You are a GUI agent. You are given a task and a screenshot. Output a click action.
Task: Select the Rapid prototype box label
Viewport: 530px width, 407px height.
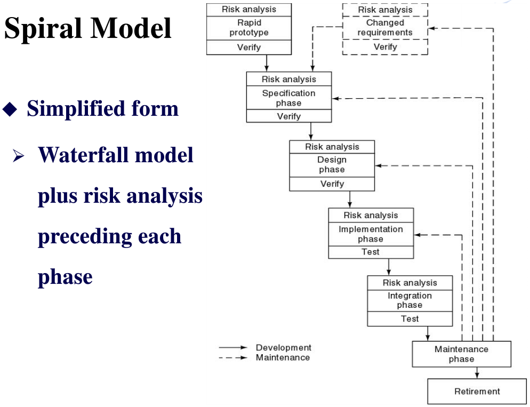click(x=249, y=28)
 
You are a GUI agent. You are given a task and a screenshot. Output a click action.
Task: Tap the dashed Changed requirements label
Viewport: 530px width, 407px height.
click(x=385, y=28)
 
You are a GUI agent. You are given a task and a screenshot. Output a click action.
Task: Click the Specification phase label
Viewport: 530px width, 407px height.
click(x=288, y=98)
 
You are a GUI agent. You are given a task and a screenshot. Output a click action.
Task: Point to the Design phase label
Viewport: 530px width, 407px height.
click(x=332, y=164)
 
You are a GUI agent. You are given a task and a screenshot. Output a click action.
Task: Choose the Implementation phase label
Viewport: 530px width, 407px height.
click(x=371, y=234)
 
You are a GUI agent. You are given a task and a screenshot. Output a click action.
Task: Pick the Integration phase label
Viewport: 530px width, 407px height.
click(x=409, y=300)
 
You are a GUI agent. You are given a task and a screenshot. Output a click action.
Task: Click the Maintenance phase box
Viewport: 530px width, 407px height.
click(x=461, y=354)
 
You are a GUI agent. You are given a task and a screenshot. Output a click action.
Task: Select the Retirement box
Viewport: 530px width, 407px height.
click(x=477, y=391)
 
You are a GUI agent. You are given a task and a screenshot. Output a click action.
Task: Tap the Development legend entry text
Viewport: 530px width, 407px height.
click(x=283, y=348)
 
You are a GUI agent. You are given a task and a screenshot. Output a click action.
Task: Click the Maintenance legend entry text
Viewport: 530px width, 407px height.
click(x=283, y=357)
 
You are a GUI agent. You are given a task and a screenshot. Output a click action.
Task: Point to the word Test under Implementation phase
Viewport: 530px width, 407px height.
click(x=371, y=252)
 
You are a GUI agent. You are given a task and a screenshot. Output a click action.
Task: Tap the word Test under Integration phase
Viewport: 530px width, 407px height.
click(x=409, y=319)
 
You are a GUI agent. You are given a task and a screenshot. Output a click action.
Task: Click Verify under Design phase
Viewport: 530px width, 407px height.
click(x=332, y=184)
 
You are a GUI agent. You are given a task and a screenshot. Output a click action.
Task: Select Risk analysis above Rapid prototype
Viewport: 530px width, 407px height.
click(x=249, y=9)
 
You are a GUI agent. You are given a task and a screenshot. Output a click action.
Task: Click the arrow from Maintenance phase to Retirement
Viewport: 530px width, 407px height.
click(x=477, y=373)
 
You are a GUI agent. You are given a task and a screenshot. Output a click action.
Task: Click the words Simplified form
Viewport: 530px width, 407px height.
click(x=102, y=109)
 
